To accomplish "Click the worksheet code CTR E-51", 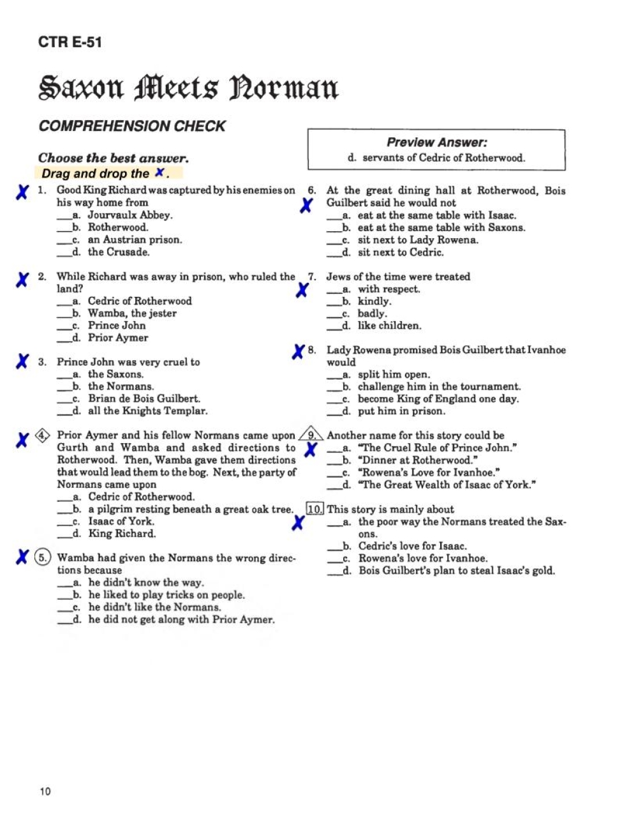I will [x=70, y=42].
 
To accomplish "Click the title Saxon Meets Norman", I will [x=188, y=88].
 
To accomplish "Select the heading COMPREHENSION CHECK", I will [x=132, y=126].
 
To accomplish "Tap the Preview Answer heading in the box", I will [x=436, y=142].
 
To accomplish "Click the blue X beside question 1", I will [x=22, y=192].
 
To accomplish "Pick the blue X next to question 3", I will [x=22, y=362].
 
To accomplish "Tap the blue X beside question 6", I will [x=307, y=205].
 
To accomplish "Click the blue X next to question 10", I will [x=297, y=523].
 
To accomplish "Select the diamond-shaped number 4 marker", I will [x=43, y=435].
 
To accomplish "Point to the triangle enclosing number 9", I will [x=312, y=435].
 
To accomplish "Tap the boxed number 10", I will [x=315, y=509].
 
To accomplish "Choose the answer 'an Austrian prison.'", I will [x=135, y=240].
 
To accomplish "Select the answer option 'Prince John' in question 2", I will [x=117, y=326].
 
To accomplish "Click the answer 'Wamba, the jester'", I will [x=132, y=313].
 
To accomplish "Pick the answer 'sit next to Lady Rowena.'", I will [x=418, y=240].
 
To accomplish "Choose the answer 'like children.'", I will [x=389, y=326].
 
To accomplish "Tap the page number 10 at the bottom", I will [x=45, y=792].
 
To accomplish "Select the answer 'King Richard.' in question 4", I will [x=122, y=534].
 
